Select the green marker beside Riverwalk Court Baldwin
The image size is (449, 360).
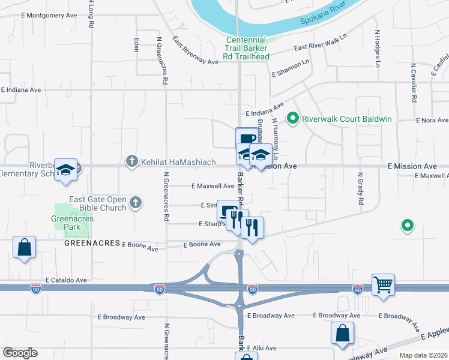[293, 119]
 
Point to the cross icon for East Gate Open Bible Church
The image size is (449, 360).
[135, 203]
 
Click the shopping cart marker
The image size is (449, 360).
[383, 284]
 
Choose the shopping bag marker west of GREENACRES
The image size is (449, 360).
[24, 247]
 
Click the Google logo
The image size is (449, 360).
[20, 353]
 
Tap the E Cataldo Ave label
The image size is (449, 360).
[66, 280]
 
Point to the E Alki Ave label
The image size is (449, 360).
[262, 348]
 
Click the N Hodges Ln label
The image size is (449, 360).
[378, 48]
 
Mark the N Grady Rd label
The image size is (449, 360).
[361, 193]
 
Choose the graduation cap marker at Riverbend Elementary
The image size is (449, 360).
[66, 170]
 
